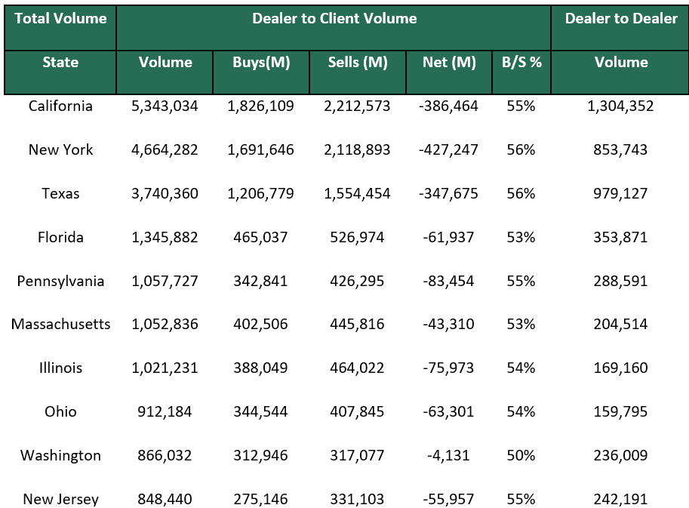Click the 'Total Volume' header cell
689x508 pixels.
click(x=60, y=19)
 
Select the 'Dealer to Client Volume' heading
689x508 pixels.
click(x=334, y=19)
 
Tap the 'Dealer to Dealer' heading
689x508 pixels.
click(x=621, y=19)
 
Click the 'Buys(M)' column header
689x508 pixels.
click(x=261, y=63)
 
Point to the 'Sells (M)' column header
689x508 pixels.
click(x=358, y=63)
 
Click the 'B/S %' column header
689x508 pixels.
click(x=521, y=63)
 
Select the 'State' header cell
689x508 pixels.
click(x=60, y=63)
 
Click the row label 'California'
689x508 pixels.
click(x=60, y=106)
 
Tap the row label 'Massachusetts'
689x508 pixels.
click(x=60, y=325)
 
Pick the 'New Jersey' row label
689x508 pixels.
click(x=60, y=499)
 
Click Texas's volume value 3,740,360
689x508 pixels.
click(x=165, y=194)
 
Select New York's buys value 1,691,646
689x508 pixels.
click(x=261, y=150)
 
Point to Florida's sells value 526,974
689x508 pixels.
click(x=358, y=238)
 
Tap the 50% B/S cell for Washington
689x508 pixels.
click(x=521, y=456)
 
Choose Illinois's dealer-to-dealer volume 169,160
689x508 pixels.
click(x=621, y=368)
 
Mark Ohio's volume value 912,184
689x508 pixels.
click(x=165, y=412)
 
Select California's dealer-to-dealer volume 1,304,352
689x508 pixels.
click(x=621, y=106)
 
